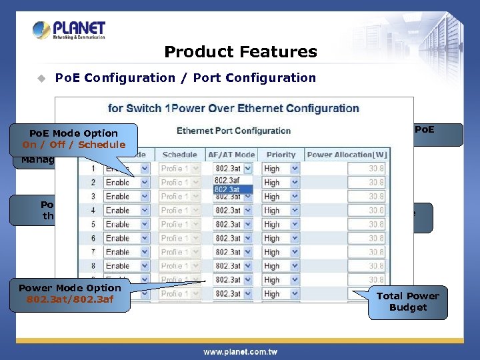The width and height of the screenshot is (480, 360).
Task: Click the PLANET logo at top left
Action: coord(69,30)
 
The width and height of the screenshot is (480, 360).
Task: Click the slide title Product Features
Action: coord(240,52)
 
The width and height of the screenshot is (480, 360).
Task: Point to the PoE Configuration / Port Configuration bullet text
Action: coord(185,78)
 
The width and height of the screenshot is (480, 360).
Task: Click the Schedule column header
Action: coord(179,155)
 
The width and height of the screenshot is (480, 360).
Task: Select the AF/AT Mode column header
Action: coord(231,155)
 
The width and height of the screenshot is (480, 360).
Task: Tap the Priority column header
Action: coord(280,155)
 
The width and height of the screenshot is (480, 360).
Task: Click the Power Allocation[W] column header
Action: coord(347,155)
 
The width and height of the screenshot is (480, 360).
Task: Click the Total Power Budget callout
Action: coord(407,302)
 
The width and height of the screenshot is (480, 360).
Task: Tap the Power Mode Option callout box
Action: coord(70,294)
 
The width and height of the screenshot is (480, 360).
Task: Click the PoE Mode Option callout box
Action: coord(73,139)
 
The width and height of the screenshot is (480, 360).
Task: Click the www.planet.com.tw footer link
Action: coord(240,352)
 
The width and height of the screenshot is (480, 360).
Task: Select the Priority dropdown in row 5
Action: coord(280,225)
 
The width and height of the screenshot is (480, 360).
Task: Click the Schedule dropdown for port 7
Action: coord(179,253)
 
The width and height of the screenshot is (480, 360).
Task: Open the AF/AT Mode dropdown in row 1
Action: coord(231,169)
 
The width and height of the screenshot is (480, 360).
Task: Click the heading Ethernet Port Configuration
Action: coord(233,131)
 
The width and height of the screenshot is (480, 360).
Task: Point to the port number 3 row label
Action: coord(93,197)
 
